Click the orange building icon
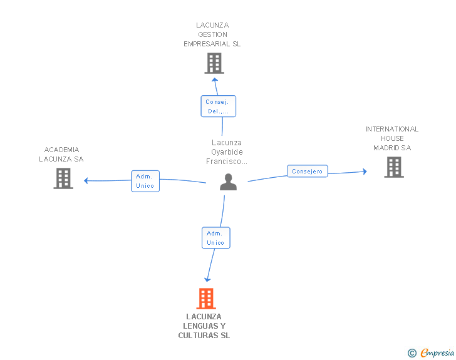206,299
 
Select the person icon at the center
228,182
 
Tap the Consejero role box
308,171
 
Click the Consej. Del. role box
219,106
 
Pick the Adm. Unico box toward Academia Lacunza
145,181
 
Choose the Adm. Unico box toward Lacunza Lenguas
216,238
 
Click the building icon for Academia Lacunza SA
63,178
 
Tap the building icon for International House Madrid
394,167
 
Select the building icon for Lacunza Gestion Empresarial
214,63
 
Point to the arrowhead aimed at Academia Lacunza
86,180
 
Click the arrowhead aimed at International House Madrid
365,172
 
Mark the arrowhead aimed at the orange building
207,280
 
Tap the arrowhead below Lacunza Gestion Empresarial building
215,80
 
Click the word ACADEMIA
61,150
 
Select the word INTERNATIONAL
392,129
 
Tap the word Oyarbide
227,152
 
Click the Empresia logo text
437,352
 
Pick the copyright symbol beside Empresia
412,353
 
